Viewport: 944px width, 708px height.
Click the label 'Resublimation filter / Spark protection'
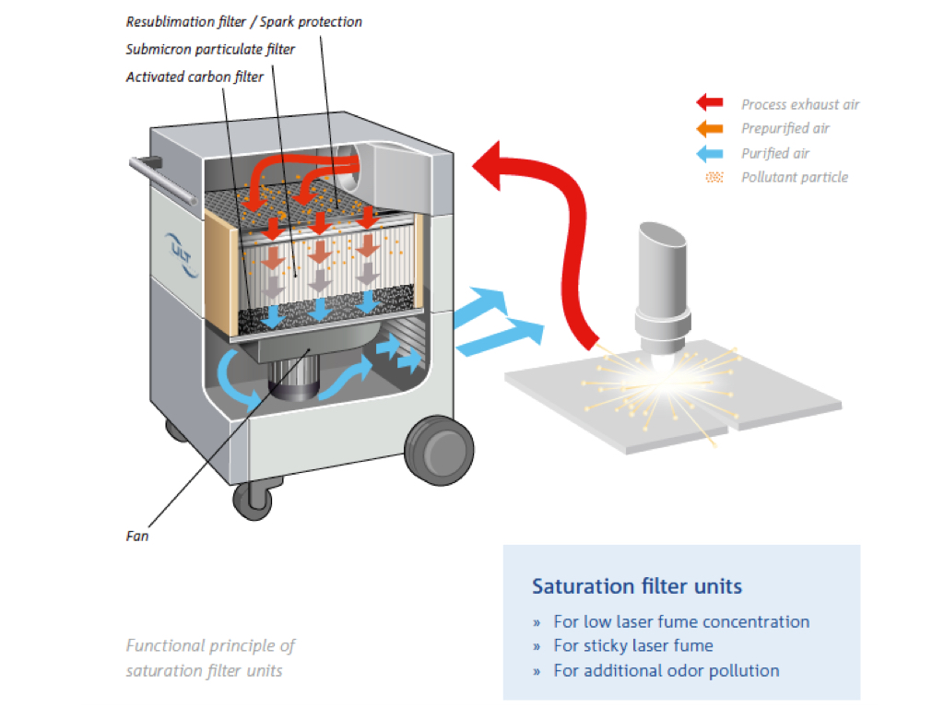coord(243,21)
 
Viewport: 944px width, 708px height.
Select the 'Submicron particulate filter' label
coord(210,49)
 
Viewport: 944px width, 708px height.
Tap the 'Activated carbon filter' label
coord(194,77)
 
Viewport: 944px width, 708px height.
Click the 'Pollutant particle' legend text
coord(794,177)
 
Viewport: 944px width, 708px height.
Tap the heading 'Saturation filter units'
coord(636,586)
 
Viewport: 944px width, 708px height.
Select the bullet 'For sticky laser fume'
coord(632,645)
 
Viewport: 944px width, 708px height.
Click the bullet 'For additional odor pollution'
coord(666,670)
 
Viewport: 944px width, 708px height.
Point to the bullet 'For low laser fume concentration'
coord(681,621)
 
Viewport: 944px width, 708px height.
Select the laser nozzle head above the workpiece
coord(662,286)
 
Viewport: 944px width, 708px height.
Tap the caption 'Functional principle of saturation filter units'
coord(210,658)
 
